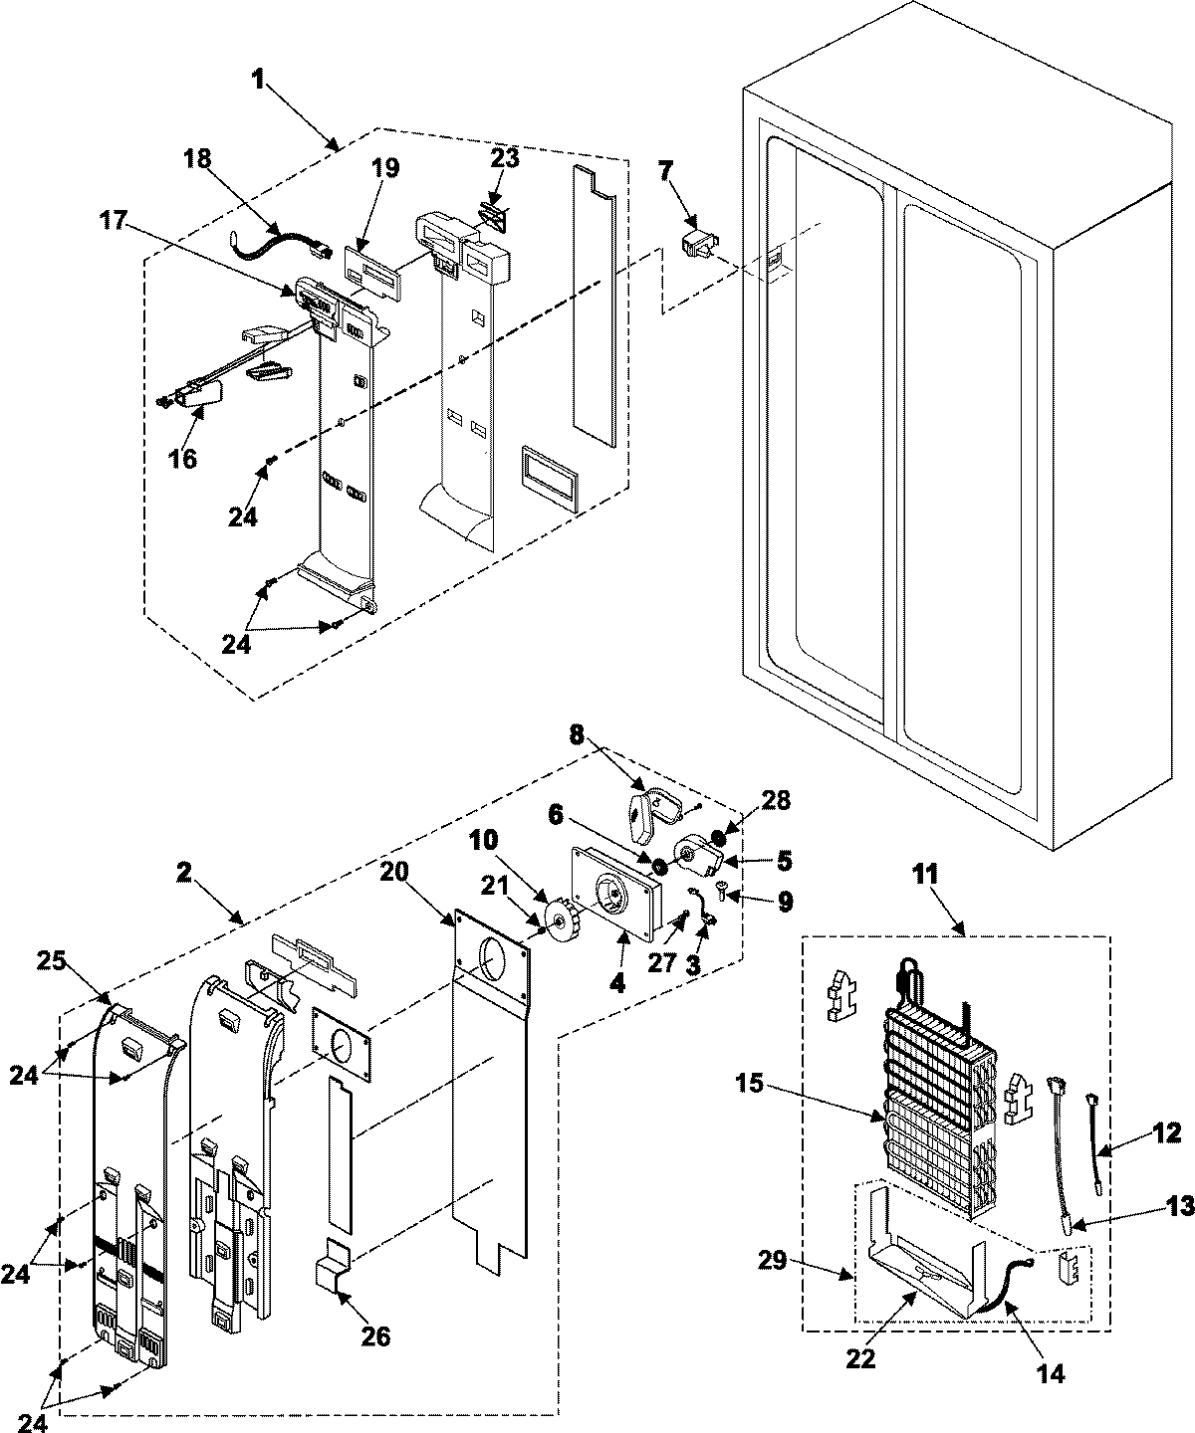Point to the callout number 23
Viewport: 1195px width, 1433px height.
click(506, 159)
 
